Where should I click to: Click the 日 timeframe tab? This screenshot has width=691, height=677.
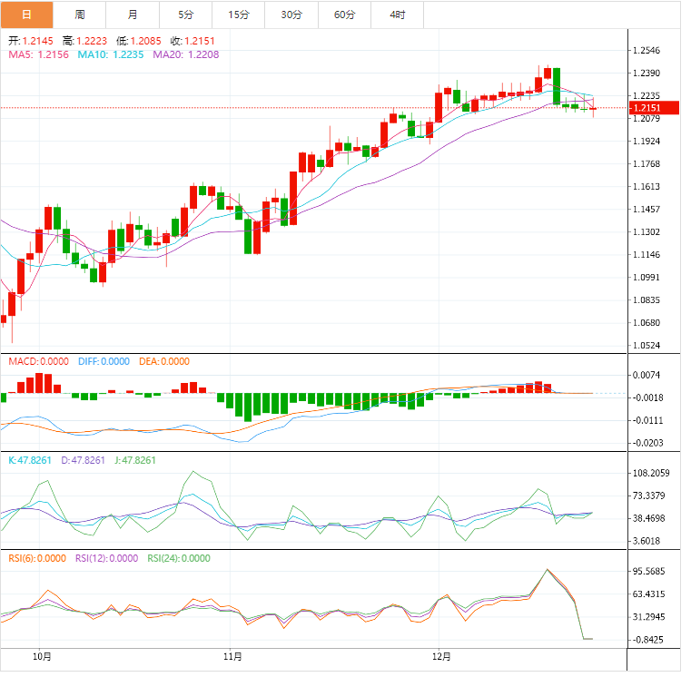(x=26, y=15)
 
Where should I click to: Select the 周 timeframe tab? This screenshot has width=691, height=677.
(x=80, y=15)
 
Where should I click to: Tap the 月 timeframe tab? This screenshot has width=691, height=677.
(x=133, y=15)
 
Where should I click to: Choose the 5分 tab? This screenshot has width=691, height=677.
(x=186, y=15)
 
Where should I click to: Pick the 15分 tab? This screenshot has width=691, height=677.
(x=239, y=15)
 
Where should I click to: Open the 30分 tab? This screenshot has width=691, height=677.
(x=291, y=15)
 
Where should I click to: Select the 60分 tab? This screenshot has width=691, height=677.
(x=345, y=15)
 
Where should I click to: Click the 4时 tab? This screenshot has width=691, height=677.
(x=398, y=15)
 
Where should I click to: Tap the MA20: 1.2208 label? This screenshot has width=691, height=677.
(x=186, y=54)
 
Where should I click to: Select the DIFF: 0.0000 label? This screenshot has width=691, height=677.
(x=103, y=361)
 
